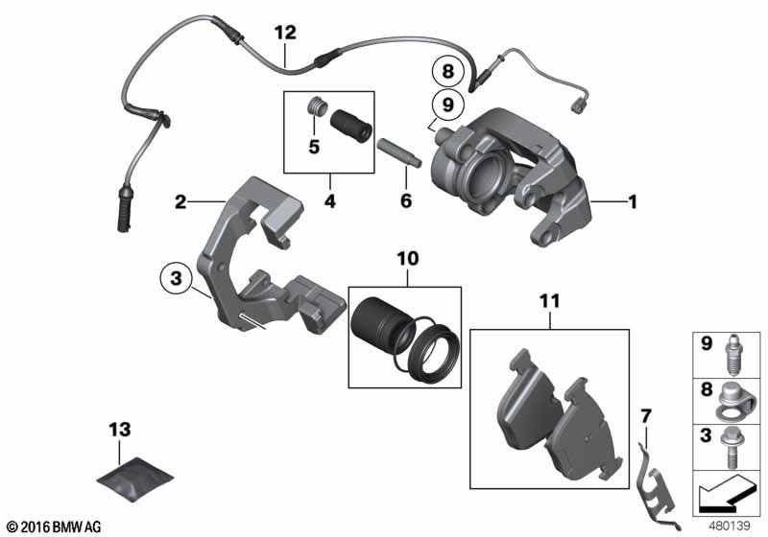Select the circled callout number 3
click(175, 278)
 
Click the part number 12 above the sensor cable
click(285, 33)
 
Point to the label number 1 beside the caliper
click(632, 202)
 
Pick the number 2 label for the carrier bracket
click(180, 202)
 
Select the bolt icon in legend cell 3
click(734, 440)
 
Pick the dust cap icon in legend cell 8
click(734, 396)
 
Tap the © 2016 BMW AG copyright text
click(53, 526)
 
